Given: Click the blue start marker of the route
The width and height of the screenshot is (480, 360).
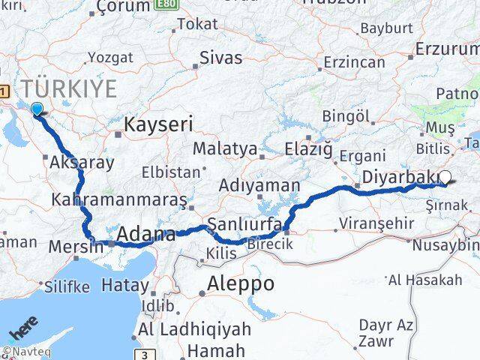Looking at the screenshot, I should (x=36, y=109).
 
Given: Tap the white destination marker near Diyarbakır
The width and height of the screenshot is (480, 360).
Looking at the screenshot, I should (x=445, y=178).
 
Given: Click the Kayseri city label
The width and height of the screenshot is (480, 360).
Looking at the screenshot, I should (x=158, y=124).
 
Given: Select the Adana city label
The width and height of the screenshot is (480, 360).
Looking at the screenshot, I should (x=145, y=235).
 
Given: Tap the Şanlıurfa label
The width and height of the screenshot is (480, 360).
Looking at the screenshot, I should (x=244, y=224).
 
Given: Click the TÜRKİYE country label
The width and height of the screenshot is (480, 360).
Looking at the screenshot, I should (x=70, y=89).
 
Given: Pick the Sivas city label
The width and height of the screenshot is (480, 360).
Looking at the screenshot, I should (x=220, y=58).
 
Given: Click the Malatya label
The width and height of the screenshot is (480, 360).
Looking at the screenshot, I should (x=225, y=148).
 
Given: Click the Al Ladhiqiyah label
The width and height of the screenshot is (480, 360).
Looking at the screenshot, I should (x=190, y=331).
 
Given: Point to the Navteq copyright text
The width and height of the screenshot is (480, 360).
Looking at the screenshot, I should (x=22, y=351).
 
